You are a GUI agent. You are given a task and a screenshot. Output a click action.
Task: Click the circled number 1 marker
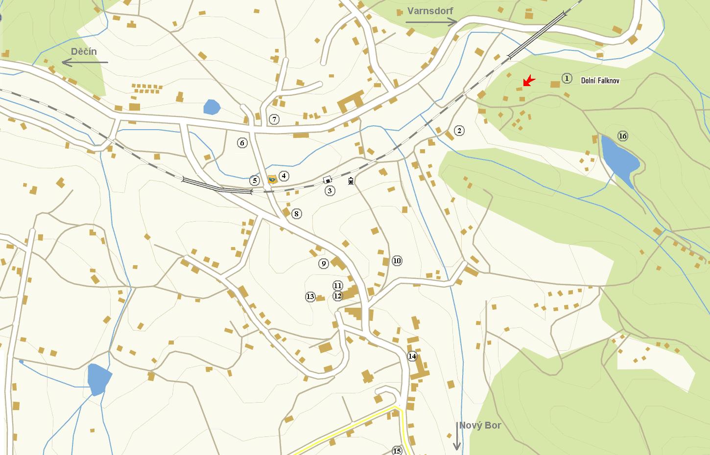pos(567,78)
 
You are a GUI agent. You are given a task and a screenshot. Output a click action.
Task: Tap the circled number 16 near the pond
pos(622,136)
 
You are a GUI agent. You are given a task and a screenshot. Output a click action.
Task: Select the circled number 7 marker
pos(274,119)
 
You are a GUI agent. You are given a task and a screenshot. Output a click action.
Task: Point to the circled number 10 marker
pos(397,261)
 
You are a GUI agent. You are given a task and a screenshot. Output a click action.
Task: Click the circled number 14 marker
pos(412,356)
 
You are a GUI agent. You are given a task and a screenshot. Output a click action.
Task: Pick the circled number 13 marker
pos(310,296)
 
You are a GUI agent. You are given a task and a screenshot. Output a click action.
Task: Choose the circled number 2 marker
pos(459,131)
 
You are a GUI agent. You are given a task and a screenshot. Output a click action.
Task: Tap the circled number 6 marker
pos(242,143)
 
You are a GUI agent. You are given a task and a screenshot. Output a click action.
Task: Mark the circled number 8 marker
pos(296,214)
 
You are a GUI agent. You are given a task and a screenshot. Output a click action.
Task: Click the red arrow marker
pos(528,81)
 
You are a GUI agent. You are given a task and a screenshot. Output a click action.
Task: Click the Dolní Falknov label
pos(600,81)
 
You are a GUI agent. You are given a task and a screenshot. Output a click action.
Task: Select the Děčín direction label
pos(84,52)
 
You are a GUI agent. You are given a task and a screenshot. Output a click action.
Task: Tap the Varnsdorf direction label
pos(430,11)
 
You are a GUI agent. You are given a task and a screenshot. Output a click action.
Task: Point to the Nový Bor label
pos(480,425)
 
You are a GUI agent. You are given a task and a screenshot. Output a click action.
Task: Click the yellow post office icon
pos(272,180)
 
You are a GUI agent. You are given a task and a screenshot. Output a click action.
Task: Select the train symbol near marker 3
pos(351,181)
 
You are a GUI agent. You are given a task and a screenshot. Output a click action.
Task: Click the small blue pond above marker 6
pos(212,107)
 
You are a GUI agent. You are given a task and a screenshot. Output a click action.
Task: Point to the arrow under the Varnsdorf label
pos(431,22)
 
